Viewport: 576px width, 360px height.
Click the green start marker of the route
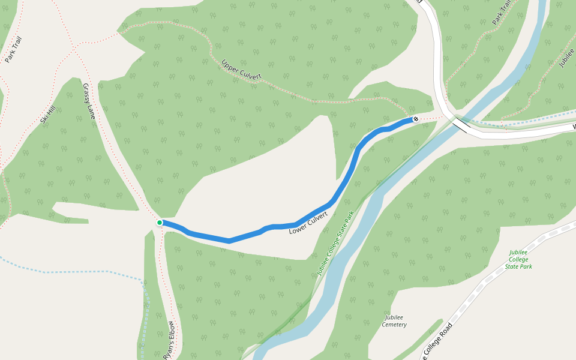[x=160, y=223]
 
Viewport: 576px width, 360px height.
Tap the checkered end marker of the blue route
[x=415, y=119]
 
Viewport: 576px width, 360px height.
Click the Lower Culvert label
[x=308, y=223]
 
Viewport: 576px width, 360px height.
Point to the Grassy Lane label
[x=89, y=101]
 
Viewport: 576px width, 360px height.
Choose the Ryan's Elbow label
[x=170, y=340]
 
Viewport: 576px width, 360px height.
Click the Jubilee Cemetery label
[x=394, y=321]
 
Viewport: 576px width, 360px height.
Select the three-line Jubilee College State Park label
[x=519, y=259]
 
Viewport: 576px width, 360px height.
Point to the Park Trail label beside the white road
[x=502, y=12]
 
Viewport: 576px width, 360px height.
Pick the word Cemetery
[x=394, y=325]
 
